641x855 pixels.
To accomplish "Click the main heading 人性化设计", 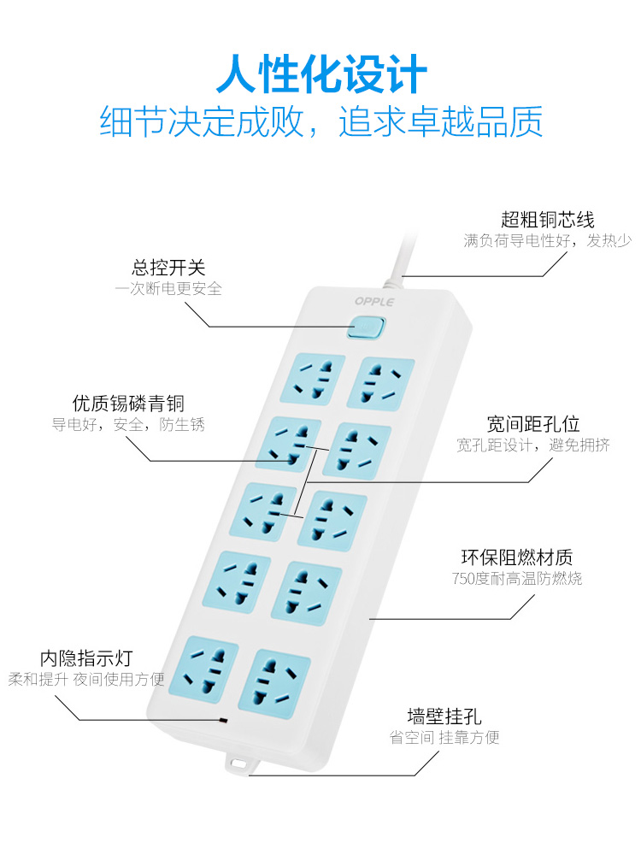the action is pos(320,74).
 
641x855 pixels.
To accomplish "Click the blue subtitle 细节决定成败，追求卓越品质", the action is pos(320,121).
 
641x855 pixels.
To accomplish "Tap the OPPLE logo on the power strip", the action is pos(375,302).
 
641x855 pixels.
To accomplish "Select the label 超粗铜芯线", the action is pos(548,220).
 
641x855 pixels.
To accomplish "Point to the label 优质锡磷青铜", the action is pos(128,403).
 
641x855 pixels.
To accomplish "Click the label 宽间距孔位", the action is pos(533,423).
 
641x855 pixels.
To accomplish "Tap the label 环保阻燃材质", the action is pos(517,557).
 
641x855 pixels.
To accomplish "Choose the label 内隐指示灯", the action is pos(86,658).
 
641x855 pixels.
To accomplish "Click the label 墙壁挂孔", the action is pos(444,716).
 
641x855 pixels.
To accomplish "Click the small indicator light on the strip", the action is pos(223,721).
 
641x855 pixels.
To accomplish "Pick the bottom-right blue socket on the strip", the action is pos(274,681).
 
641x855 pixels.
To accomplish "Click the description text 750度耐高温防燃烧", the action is pos(517,579).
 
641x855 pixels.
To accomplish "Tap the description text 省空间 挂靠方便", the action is pos(444,737).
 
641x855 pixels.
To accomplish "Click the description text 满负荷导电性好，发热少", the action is pos(548,241).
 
